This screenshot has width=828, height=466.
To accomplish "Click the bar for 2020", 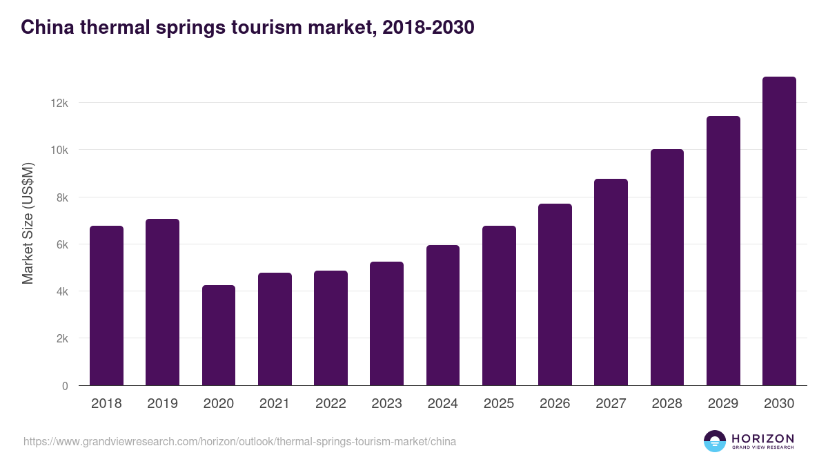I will tap(219, 336).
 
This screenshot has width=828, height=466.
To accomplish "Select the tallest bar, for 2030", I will tap(779, 231).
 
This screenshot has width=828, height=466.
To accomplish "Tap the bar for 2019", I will tap(162, 302).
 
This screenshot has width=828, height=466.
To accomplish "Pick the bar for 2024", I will tap(443, 315).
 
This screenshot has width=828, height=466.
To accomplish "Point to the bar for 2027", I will tap(611, 282).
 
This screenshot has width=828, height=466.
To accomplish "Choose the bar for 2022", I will tap(331, 328).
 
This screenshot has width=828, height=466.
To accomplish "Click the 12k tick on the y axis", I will tap(59, 103).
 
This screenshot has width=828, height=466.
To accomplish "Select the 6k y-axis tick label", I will tap(62, 244).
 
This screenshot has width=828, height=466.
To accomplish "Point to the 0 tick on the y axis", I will tap(65, 386).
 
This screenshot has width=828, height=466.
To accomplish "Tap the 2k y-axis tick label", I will tap(62, 339).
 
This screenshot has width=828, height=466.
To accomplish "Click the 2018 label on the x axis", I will tap(106, 404).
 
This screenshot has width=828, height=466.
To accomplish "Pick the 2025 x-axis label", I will tap(499, 404).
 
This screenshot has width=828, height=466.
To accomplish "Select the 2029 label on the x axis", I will tap(723, 404).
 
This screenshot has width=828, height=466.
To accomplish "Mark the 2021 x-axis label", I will tap(275, 404).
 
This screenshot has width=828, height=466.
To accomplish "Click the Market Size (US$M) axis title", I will tap(28, 223).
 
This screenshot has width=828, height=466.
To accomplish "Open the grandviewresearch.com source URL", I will tap(239, 441).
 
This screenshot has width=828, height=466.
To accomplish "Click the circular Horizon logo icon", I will tap(715, 441).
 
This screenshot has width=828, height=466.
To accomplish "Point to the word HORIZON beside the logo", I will tap(762, 438).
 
